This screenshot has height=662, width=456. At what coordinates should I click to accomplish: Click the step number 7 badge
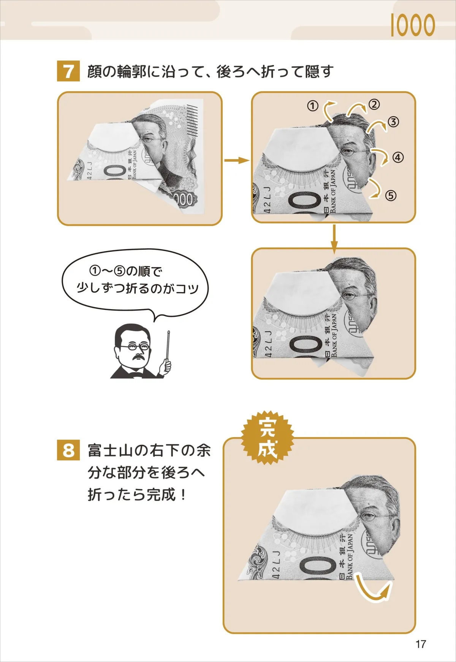coord(68,71)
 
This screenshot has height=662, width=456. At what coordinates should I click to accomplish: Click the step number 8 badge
coord(68,450)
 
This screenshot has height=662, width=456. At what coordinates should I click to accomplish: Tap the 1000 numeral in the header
coord(412,25)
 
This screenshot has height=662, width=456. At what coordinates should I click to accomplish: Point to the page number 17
coord(420,644)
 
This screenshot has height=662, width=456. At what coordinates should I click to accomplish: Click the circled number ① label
coord(312,106)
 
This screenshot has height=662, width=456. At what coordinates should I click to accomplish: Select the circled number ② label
coord(374,104)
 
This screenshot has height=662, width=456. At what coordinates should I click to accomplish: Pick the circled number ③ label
coord(393,122)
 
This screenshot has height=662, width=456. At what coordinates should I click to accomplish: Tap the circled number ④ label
coord(397,157)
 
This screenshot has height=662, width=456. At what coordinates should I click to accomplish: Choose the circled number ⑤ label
coord(391,196)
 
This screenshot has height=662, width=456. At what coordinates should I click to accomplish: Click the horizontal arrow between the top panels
coord(236,160)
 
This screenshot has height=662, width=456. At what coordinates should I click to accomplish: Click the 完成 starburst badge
coord(268,438)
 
